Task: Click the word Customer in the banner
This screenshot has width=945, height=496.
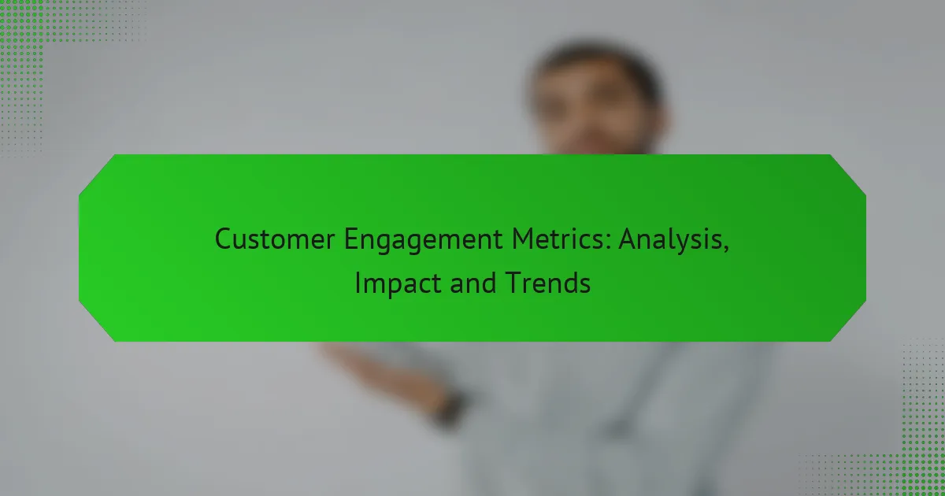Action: coord(275,239)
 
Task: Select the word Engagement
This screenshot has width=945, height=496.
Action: coord(424,240)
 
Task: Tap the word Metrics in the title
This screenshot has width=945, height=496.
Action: coord(558,239)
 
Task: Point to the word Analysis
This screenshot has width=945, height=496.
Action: coord(670,240)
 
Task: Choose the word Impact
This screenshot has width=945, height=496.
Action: coord(398,284)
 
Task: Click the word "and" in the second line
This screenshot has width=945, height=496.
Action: coord(473,283)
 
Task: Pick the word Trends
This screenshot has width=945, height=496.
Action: coord(547,283)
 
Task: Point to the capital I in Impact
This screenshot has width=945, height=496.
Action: coord(358,283)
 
